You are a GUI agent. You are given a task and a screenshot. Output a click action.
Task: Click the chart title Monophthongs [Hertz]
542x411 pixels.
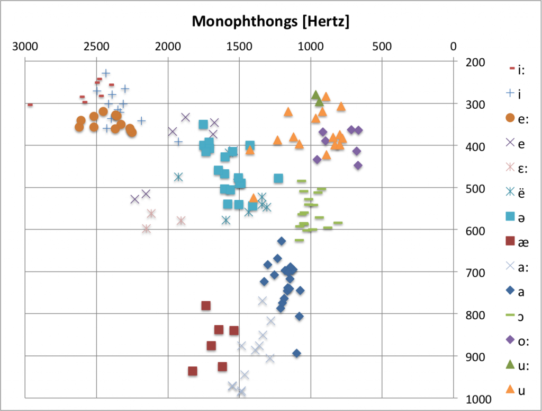pyautogui.click(x=270, y=22)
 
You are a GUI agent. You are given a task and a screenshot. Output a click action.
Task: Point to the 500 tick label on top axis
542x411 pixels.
pyautogui.click(x=382, y=46)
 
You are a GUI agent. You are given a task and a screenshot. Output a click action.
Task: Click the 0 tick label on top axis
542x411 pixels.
pyautogui.click(x=453, y=46)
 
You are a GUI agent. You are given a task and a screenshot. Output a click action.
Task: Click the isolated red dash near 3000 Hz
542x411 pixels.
pyautogui.click(x=30, y=105)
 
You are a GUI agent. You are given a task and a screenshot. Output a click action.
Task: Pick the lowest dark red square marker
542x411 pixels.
pyautogui.click(x=193, y=371)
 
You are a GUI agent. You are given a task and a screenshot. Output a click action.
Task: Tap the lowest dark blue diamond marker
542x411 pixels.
pyautogui.click(x=296, y=353)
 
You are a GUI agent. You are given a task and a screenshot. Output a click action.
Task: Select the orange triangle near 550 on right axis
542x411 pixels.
pyautogui.click(x=254, y=198)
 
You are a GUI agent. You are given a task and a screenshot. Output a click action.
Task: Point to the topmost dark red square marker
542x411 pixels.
pyautogui.click(x=206, y=305)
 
